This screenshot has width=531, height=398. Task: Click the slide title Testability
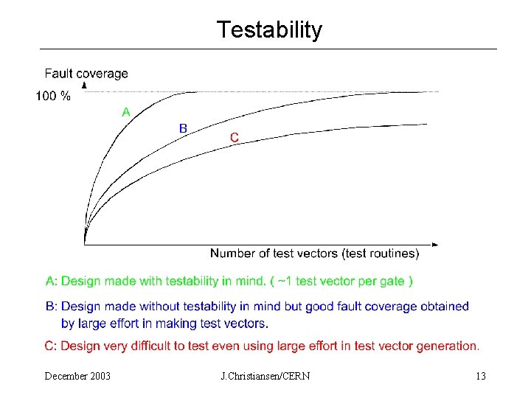coord(269,30)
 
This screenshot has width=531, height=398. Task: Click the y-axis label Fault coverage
coord(86,74)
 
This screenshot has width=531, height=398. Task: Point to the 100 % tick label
coord(53,96)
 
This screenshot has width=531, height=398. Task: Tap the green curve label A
coord(126,113)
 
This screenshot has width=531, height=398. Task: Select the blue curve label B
coord(183,128)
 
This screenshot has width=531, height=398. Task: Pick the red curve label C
coord(234,137)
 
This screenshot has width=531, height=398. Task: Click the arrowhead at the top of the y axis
coord(84,85)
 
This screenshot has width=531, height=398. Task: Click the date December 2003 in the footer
coord(77,377)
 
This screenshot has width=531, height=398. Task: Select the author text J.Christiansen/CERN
coord(265,377)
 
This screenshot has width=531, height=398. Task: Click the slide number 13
coord(481,377)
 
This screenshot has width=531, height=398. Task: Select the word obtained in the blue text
coord(444,306)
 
